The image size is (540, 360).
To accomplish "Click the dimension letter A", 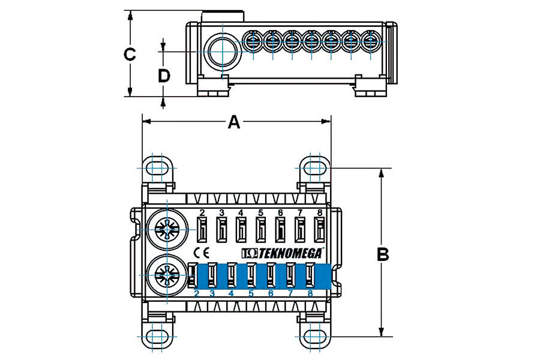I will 234,122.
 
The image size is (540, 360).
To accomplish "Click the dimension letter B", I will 383,254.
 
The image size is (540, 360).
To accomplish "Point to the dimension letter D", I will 164,76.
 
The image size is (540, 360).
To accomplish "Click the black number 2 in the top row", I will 202,213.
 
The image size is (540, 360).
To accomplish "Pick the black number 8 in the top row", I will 319,213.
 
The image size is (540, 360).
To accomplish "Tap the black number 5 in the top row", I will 260,213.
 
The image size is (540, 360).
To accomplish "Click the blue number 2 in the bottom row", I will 197,293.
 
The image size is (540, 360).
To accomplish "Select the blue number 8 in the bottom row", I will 310,293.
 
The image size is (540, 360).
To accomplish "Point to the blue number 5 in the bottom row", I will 251,293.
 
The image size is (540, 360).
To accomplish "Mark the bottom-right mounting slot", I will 314,335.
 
